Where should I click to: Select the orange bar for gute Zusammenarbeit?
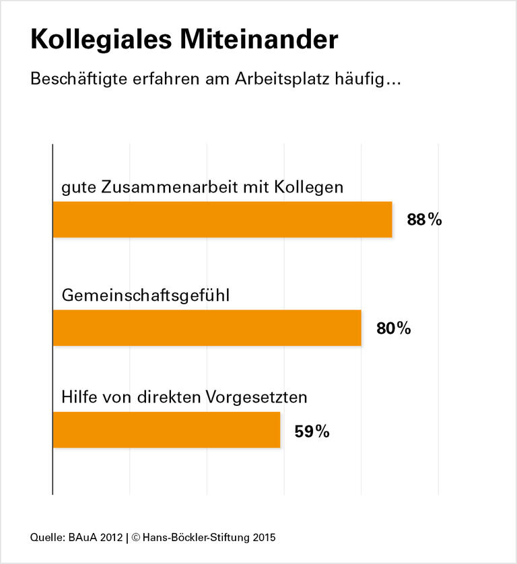pyautogui.click(x=222, y=219)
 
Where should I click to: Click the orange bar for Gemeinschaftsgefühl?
pyautogui.click(x=207, y=328)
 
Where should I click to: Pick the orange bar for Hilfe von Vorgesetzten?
pyautogui.click(x=166, y=430)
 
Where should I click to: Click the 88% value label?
pyautogui.click(x=424, y=219)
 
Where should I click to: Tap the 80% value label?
pyautogui.click(x=393, y=328)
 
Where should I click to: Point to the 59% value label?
pyautogui.click(x=312, y=431)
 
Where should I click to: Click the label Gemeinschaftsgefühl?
pyautogui.click(x=145, y=295)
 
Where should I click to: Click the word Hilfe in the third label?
pyautogui.click(x=78, y=397)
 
